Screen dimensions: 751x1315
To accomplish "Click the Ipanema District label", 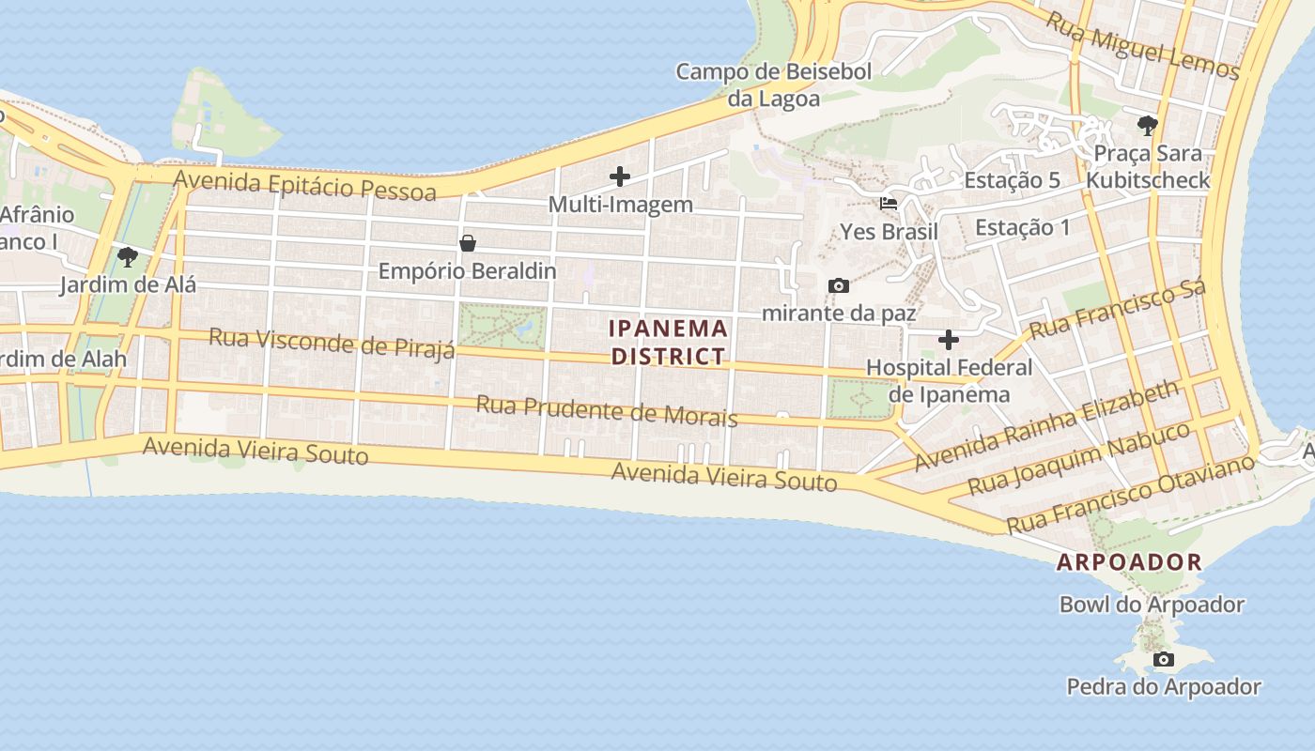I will [x=668, y=342].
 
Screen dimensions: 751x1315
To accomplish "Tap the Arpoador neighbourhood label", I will [x=1129, y=562].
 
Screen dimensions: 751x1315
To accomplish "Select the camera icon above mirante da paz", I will [x=838, y=285].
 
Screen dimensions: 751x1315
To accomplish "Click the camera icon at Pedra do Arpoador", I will [x=1163, y=659].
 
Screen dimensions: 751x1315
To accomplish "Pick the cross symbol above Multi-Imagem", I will [x=619, y=176].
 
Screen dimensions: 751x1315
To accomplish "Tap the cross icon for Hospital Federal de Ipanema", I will [x=949, y=339].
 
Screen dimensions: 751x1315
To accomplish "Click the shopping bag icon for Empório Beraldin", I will [x=467, y=243].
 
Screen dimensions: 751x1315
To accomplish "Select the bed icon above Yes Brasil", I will [x=888, y=203].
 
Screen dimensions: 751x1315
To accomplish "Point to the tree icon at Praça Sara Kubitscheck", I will [x=1146, y=125].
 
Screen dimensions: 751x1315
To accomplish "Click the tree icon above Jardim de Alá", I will [x=127, y=256].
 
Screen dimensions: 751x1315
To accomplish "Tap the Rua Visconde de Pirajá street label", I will [x=332, y=342].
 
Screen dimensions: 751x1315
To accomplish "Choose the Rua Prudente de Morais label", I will [x=606, y=410].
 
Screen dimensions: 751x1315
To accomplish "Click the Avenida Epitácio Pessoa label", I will [x=305, y=184].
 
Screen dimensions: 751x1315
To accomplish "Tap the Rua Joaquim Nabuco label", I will [x=1078, y=459].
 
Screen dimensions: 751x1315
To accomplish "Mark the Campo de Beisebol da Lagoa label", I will [x=774, y=84].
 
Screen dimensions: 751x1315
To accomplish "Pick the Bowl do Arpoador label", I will [x=1152, y=605].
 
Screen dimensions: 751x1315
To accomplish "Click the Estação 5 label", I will [x=1012, y=180].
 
